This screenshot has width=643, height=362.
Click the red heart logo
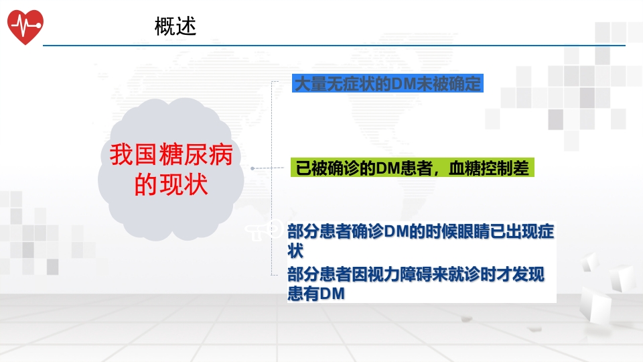25,26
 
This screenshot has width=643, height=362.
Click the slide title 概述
175,26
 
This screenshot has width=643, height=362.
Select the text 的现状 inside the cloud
171,184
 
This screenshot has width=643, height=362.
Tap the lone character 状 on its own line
295,251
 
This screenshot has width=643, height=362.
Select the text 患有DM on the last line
315,294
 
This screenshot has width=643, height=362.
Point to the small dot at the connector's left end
253,168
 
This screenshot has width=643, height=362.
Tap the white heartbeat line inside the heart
25,25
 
